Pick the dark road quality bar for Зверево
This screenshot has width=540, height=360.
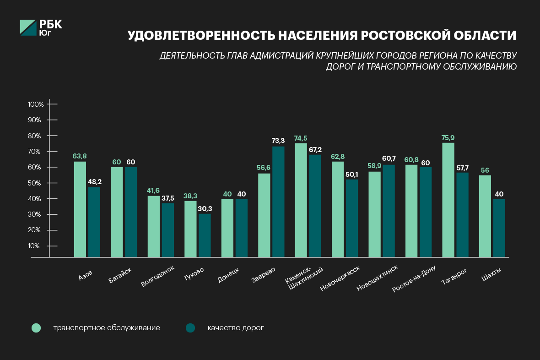[278, 202]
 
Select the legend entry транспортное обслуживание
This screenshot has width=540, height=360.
[106, 328]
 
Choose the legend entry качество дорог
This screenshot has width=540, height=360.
[235, 328]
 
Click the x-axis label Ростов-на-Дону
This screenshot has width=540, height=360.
[414, 278]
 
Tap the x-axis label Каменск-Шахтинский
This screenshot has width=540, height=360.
[304, 278]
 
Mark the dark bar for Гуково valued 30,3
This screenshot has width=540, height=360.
[205, 235]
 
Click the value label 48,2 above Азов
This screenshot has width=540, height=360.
[94, 182]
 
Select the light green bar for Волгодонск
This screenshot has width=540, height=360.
[154, 226]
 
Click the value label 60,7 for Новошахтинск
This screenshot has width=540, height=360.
[388, 158]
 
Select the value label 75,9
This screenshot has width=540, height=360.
[448, 137]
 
